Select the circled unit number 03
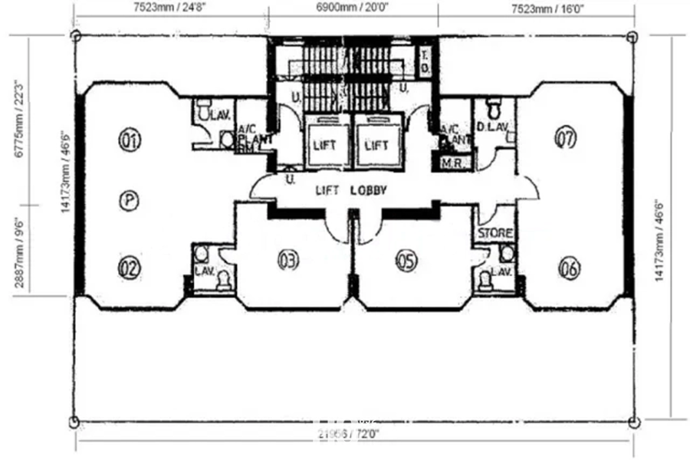(x=287, y=261)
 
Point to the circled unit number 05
(x=406, y=261)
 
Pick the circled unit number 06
(x=569, y=268)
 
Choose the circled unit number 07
(x=566, y=138)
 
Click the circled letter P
(x=129, y=201)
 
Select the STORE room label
(x=495, y=233)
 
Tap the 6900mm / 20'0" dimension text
(x=352, y=8)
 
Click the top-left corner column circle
(x=75, y=35)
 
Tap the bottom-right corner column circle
(x=632, y=422)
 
